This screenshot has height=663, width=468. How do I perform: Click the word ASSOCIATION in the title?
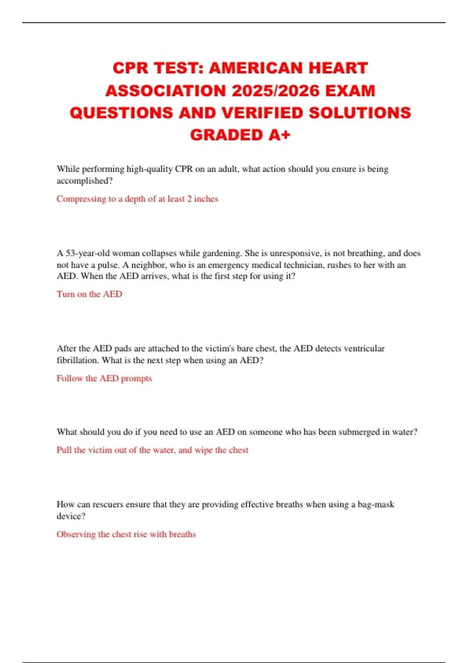166,91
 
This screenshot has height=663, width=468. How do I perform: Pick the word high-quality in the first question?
149,169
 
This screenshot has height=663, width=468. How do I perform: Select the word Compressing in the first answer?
81,199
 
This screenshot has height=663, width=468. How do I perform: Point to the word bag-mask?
376,504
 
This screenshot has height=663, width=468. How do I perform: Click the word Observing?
76,534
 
